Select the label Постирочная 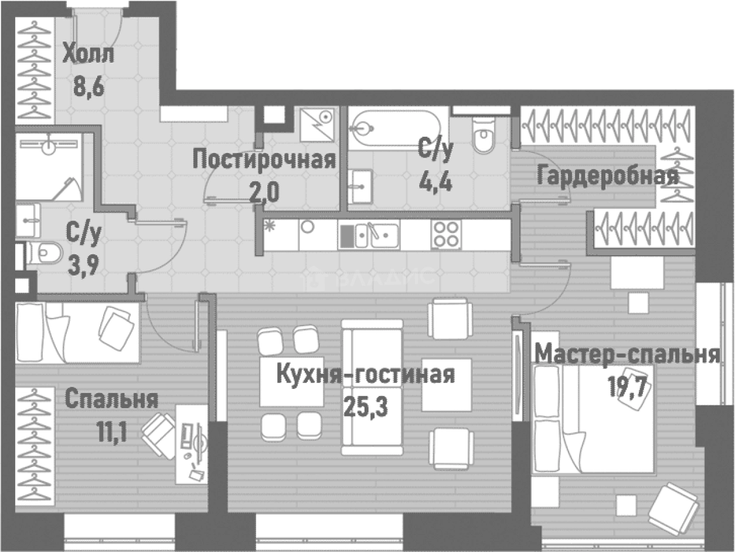click(264, 160)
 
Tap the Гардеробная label click(607, 175)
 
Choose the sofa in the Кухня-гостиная click(372, 387)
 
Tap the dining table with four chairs click(291, 381)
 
